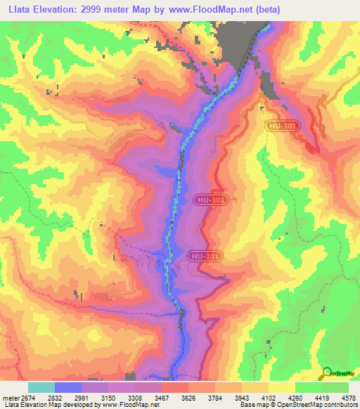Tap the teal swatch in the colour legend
click(x=41, y=387)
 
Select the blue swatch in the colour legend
click(x=67, y=387)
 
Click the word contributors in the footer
click(x=341, y=404)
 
